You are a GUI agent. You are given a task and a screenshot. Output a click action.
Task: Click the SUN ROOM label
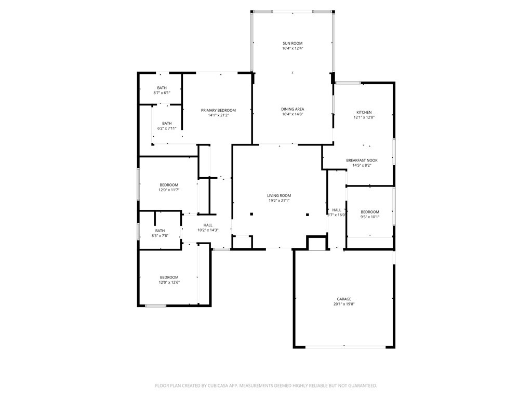click(292, 44)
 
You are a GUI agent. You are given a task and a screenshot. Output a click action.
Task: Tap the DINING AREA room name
click(292, 109)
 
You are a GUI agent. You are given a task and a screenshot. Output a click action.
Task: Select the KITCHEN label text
click(364, 112)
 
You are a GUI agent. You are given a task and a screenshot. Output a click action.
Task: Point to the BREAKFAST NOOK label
click(362, 161)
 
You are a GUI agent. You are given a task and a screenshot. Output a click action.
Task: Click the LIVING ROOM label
click(279, 196)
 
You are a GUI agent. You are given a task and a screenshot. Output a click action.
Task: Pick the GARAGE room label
click(344, 299)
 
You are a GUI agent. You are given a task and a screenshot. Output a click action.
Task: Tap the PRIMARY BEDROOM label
click(218, 110)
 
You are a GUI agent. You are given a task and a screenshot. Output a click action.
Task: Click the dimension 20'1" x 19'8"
click(344, 304)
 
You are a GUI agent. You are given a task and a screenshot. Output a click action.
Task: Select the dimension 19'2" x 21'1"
click(279, 201)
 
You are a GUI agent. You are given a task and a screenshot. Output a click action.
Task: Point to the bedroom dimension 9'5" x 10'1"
click(370, 217)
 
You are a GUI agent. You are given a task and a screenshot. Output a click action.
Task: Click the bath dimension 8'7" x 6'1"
click(162, 93)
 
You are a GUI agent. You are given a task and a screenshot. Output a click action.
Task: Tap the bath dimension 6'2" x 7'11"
click(167, 129)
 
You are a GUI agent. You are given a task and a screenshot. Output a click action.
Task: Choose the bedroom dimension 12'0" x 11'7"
click(169, 190)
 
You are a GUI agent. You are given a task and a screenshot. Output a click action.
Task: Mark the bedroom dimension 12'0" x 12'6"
click(169, 282)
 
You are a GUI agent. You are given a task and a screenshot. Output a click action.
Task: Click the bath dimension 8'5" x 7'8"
click(160, 236)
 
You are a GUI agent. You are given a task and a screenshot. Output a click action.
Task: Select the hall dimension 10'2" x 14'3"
click(208, 230)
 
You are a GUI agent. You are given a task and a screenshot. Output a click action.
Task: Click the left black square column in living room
click(251, 214)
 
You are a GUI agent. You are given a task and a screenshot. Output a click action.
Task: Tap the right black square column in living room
click(308, 215)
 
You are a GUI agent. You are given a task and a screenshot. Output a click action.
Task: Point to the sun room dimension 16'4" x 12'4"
click(292, 48)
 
